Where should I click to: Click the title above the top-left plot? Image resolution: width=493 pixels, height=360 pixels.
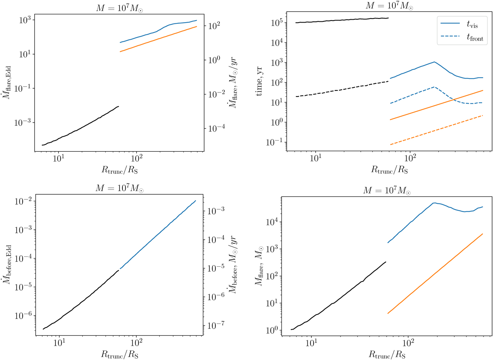[x=117, y=5]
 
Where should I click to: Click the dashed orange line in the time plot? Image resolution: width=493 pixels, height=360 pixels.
[x=435, y=130]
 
